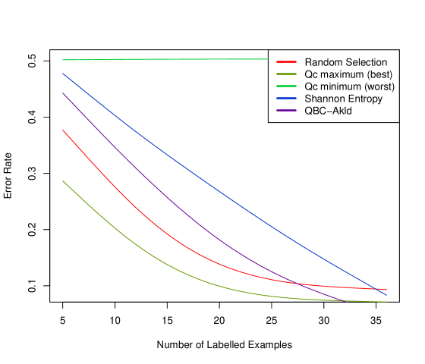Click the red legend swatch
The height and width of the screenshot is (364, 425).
pyautogui.click(x=286, y=61)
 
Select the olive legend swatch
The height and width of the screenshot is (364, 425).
pyautogui.click(x=286, y=74)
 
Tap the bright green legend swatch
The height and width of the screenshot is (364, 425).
pyautogui.click(x=286, y=86)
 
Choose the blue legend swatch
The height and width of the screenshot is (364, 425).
pyautogui.click(x=286, y=98)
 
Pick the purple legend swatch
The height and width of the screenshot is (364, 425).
pyautogui.click(x=286, y=110)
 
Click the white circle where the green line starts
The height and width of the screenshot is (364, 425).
pyautogui.click(x=63, y=59)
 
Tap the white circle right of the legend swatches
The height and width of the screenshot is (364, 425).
pyautogui.click(x=386, y=59)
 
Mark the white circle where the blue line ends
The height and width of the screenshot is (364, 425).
pyautogui.click(x=386, y=293)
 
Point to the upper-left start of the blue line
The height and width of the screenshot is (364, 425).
pyautogui.click(x=63, y=74)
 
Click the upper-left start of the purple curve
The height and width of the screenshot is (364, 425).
pyautogui.click(x=63, y=93)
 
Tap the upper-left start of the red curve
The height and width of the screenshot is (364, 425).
pyautogui.click(x=63, y=130)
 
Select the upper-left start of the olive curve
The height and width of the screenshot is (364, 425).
pyautogui.click(x=63, y=181)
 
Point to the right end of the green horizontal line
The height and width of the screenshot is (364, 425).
pyautogui.click(x=268, y=58)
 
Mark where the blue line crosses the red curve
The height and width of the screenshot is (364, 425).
pyautogui.click(x=377, y=288)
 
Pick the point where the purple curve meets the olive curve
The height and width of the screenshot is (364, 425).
pyautogui.click(x=342, y=300)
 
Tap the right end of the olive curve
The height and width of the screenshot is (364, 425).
pyautogui.click(x=386, y=302)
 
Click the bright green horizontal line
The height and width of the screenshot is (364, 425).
pyautogui.click(x=167, y=58)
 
